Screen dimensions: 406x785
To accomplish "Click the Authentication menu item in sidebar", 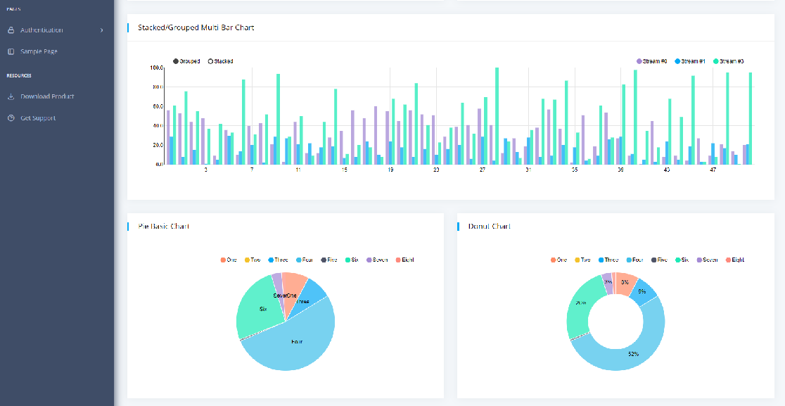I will pyautogui.click(x=42, y=30).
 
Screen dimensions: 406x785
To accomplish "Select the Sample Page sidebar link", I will pyautogui.click(x=39, y=51).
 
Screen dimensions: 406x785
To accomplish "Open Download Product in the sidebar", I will pyautogui.click(x=47, y=96).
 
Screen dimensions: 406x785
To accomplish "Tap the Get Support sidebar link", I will pyautogui.click(x=38, y=118).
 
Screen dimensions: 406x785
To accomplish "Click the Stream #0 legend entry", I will pyautogui.click(x=653, y=62).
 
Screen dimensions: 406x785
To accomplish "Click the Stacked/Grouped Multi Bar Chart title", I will pyautogui.click(x=196, y=28).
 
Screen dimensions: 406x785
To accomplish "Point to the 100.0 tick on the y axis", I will pyautogui.click(x=156, y=68).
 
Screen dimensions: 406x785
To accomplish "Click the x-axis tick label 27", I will pyautogui.click(x=483, y=170).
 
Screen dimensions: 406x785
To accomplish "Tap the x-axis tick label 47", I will pyautogui.click(x=713, y=170).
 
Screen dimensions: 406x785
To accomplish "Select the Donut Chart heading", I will pyautogui.click(x=490, y=227).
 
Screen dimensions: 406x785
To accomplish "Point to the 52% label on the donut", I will pyautogui.click(x=633, y=354).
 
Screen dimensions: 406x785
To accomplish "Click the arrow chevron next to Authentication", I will pyautogui.click(x=102, y=30).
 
